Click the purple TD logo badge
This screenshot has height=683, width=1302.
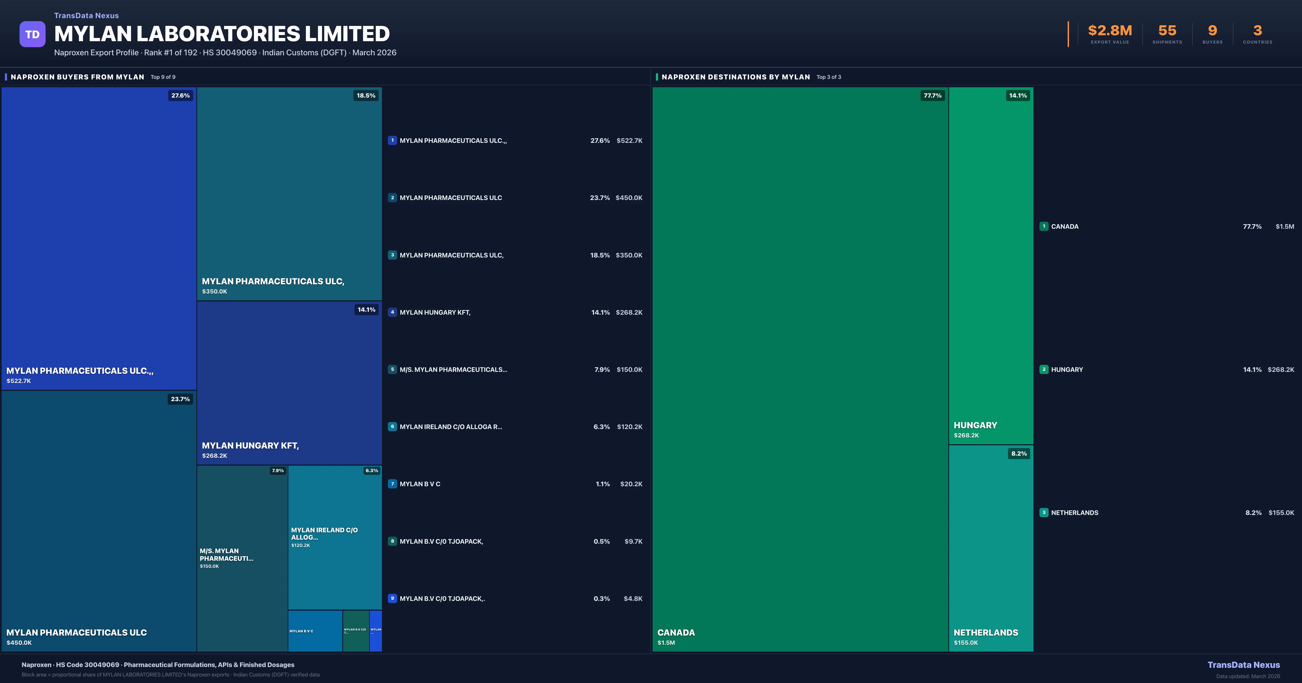tap(32, 34)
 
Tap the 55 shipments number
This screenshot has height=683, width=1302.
tap(1167, 31)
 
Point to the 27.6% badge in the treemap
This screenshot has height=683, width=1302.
tap(180, 95)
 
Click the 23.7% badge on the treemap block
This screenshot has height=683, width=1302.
tap(180, 399)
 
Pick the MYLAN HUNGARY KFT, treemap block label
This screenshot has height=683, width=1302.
tap(250, 446)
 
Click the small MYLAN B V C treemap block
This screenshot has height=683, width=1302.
tap(315, 631)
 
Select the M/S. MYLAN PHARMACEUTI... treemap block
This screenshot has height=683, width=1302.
tap(226, 555)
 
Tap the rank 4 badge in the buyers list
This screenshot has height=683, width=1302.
tap(392, 312)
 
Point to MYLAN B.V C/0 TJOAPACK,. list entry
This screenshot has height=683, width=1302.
tap(442, 599)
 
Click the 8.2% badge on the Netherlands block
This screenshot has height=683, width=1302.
tap(1019, 454)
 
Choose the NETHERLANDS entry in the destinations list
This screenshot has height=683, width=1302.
tap(1074, 513)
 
